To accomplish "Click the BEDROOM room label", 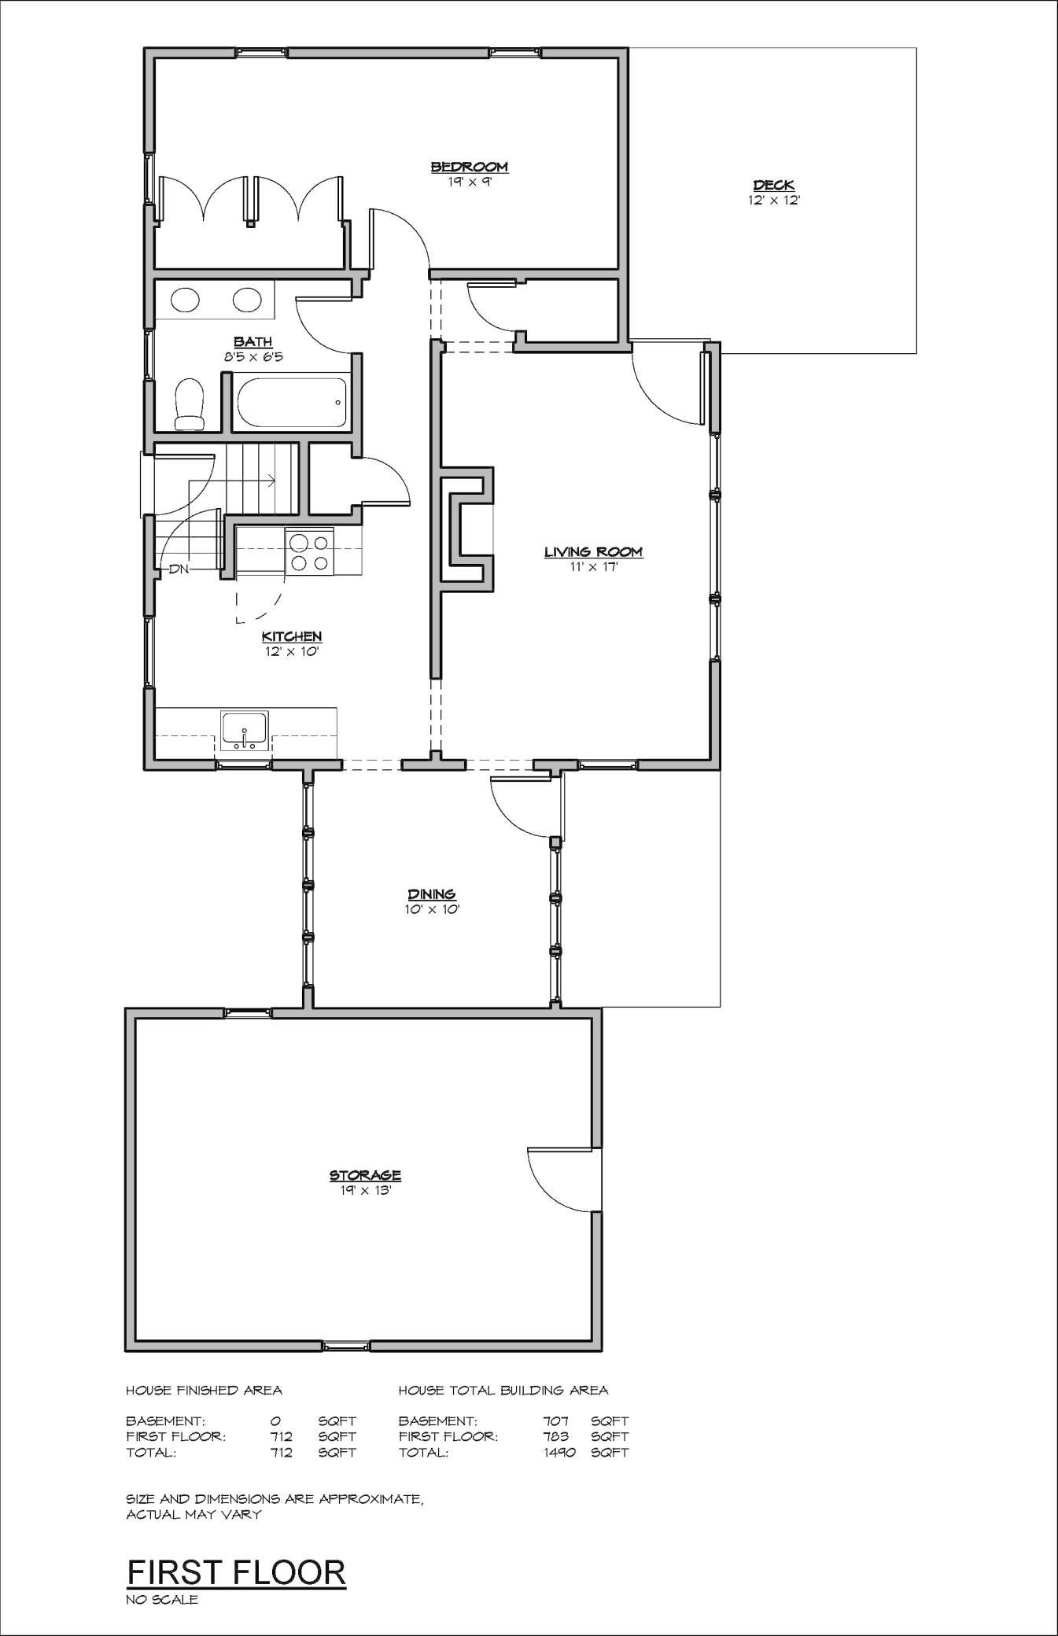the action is [x=469, y=167].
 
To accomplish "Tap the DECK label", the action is [x=774, y=186].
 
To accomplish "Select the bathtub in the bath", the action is [x=290, y=403].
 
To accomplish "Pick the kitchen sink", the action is [x=245, y=729].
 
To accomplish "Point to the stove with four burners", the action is [x=309, y=551].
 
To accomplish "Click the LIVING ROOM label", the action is [x=594, y=552].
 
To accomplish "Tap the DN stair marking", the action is [x=179, y=569].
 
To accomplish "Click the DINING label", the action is [x=432, y=894].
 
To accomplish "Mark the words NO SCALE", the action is [x=162, y=1599].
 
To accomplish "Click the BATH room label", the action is [x=253, y=341].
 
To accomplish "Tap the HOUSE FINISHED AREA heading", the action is [x=204, y=1390].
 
